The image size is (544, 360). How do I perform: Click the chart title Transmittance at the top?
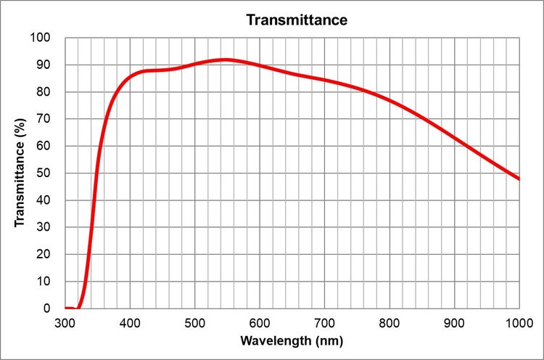[297, 20]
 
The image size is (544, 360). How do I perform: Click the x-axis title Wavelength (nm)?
[292, 340]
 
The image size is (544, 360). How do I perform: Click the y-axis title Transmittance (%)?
[20, 173]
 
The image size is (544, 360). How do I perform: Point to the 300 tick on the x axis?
[65, 322]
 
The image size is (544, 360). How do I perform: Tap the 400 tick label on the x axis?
[130, 322]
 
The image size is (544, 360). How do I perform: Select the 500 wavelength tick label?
[195, 322]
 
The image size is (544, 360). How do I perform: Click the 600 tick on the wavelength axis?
[260, 322]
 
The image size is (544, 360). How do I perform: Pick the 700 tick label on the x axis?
[324, 322]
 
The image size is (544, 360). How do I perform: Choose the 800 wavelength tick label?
[390, 322]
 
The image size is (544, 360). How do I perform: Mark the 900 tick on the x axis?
[454, 322]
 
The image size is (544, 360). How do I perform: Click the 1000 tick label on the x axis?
[519, 322]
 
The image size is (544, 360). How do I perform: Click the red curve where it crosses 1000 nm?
[518, 179]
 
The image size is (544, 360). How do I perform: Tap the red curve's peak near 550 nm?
[226, 60]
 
